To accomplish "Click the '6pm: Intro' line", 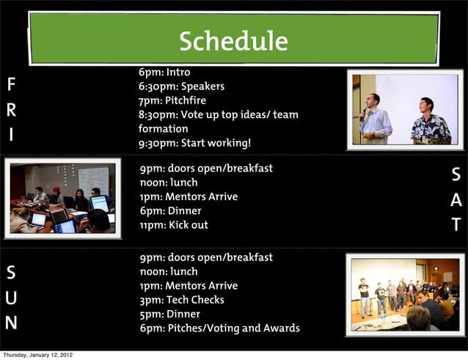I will point(164,73).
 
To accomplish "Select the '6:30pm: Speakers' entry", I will point(181,87).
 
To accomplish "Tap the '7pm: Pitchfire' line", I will point(172,100).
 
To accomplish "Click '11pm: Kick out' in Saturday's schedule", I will point(174,225).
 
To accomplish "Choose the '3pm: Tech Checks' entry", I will point(182,300).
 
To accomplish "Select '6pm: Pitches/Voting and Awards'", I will point(219,328).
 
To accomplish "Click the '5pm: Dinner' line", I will point(169,315).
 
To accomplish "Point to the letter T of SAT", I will point(456,225).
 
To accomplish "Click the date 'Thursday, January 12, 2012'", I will point(37,355).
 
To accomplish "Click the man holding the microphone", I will point(375,117).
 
